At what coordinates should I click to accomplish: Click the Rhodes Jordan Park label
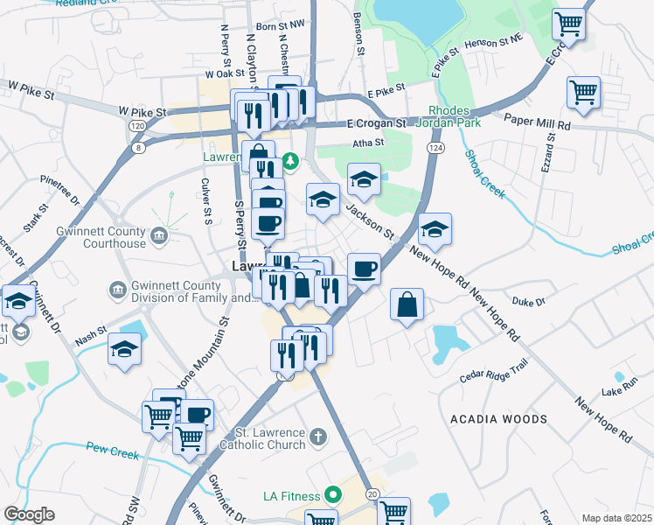click(452, 117)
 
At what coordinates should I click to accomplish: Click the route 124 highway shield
click(434, 150)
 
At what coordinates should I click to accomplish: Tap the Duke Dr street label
click(528, 302)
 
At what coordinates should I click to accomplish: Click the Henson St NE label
click(494, 41)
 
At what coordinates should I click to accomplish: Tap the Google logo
click(29, 514)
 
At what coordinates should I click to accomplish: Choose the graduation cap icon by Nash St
click(124, 351)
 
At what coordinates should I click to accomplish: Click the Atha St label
click(368, 143)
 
